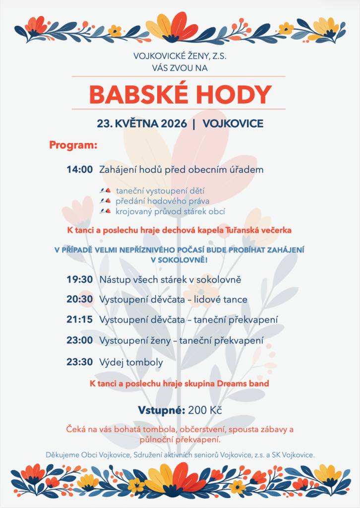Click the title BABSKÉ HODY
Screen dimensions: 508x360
pos(180,94)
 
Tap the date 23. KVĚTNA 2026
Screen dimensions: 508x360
pos(142,124)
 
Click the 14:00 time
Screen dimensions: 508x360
pos(80,170)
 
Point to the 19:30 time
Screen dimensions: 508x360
pos(80,280)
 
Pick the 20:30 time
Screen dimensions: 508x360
pos(80,300)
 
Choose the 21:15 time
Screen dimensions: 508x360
pos(80,319)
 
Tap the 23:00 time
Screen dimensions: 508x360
pos(80,340)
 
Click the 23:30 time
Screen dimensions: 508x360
pos(80,362)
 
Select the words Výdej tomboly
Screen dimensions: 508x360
pos(131,362)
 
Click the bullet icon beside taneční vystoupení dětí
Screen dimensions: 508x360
pos(105,190)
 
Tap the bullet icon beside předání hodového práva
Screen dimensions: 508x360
pos(105,201)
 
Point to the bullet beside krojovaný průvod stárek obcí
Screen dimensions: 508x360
pos(105,211)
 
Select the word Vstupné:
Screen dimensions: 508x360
pos(162,410)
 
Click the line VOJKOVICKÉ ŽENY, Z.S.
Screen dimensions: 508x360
pos(180,57)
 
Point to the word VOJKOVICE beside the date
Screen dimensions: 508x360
pos(233,124)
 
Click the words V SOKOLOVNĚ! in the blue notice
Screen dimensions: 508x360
pos(180,259)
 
